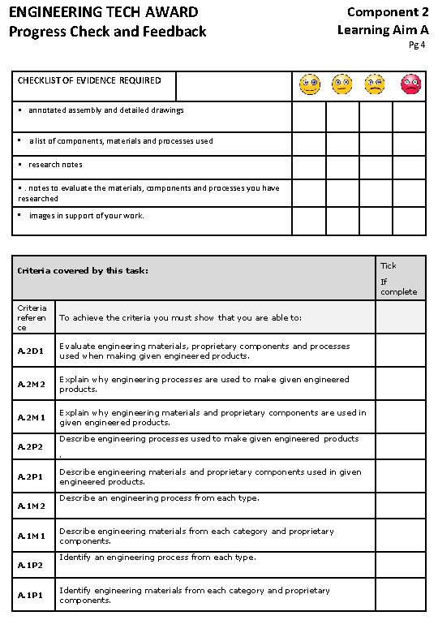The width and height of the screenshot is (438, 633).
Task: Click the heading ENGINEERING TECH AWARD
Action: coord(103,12)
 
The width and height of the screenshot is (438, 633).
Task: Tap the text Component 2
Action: coord(388,12)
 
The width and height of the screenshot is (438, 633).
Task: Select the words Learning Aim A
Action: coord(383,30)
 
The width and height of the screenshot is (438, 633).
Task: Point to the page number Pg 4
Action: coord(417,45)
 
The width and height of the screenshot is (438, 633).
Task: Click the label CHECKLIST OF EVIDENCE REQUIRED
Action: coord(89,80)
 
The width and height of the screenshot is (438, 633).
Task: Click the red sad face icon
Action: coord(411,84)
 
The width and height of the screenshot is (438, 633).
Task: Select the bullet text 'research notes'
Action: coord(55,165)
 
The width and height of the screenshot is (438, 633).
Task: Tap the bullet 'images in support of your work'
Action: coord(86,216)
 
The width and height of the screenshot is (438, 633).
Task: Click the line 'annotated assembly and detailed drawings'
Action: coord(105,110)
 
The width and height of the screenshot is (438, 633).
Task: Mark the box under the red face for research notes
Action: coord(409,167)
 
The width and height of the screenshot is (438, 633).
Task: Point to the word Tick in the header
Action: coord(389,266)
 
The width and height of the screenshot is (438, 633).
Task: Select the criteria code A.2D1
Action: coord(31,351)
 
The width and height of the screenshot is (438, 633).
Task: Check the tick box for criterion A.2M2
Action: coord(400,383)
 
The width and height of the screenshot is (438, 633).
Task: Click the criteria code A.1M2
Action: coord(31,506)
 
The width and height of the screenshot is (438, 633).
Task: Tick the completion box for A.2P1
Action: coord(400,476)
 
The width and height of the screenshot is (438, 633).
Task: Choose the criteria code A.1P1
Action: coord(31,596)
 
